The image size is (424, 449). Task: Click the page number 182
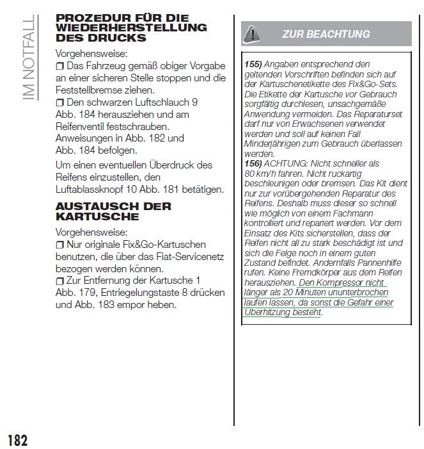tap(17, 441)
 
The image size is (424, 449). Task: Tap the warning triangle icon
tap(253, 33)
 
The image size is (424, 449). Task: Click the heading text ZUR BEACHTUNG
tap(326, 34)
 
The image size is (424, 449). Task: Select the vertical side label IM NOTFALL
tap(27, 57)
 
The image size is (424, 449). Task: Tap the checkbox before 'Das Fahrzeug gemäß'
tap(60, 67)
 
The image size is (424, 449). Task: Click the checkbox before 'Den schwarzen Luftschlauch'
tap(60, 102)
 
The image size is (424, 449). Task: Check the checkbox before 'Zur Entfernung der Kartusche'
tap(60, 281)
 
